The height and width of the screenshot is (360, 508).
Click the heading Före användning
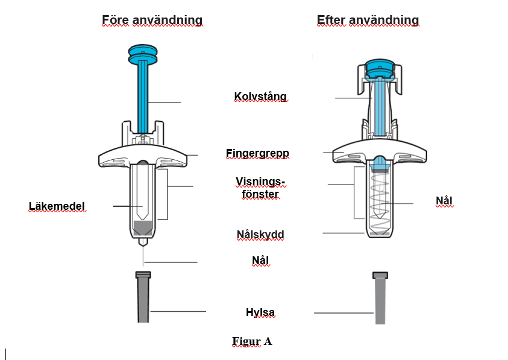[x=152, y=21]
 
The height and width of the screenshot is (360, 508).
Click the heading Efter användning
[x=368, y=21]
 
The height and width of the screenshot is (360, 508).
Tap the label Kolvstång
[x=260, y=96]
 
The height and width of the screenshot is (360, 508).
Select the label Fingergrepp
[x=257, y=154]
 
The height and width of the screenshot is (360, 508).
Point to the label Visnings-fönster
[x=260, y=188]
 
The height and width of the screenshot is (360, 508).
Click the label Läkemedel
[x=57, y=207]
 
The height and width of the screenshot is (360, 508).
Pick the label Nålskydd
[x=260, y=235]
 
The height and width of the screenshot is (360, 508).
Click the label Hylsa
[x=260, y=312]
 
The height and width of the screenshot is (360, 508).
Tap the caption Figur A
[x=252, y=341]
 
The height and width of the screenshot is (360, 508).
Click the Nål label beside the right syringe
[x=444, y=201]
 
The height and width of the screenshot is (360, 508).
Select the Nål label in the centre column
[x=260, y=261]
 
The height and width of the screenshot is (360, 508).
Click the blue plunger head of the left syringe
[x=143, y=53]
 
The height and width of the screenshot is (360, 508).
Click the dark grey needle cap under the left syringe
[x=143, y=298]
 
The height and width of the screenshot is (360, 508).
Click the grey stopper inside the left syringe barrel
[x=143, y=228]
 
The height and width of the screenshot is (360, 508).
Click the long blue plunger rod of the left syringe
[x=143, y=96]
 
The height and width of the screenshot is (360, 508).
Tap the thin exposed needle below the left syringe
[x=143, y=256]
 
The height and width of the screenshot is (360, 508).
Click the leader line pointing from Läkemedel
[x=127, y=207]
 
